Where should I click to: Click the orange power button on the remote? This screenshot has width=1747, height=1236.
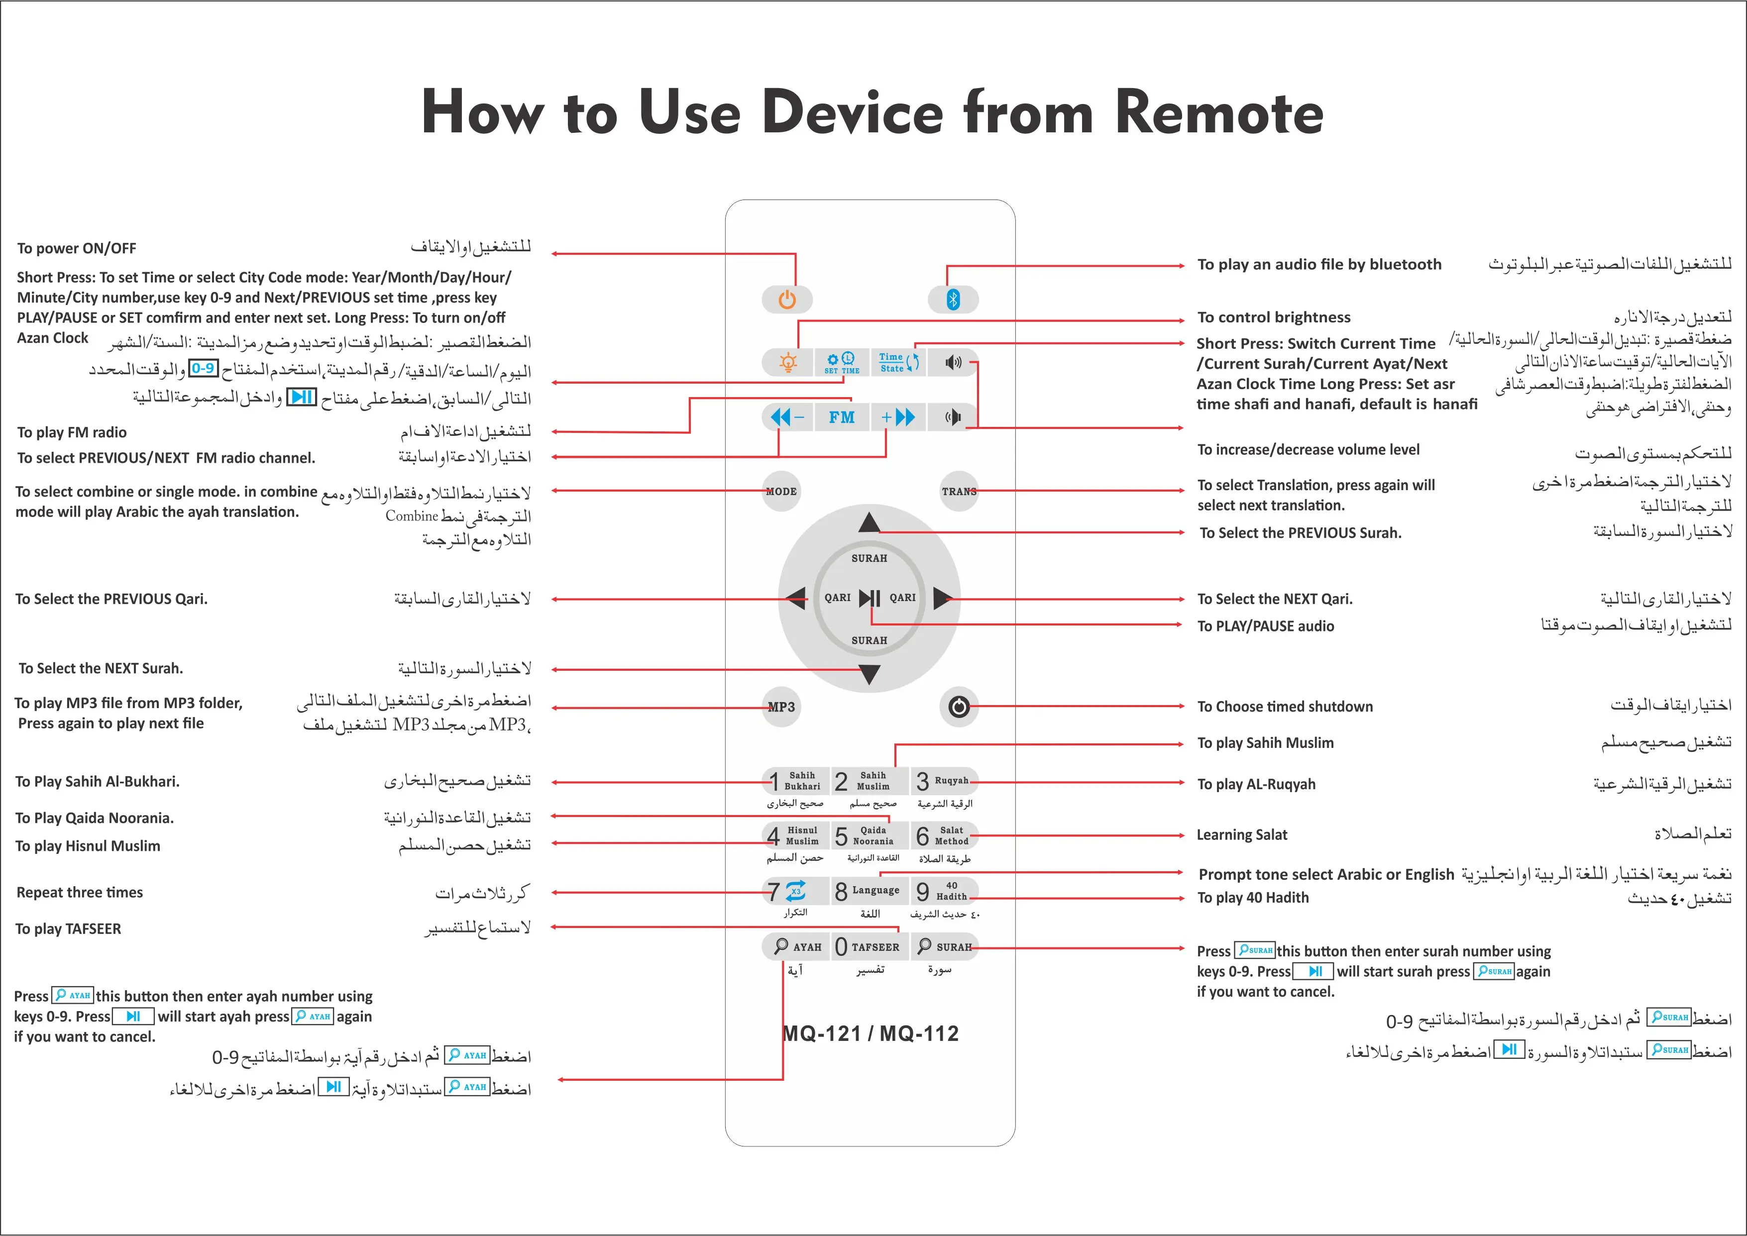point(786,299)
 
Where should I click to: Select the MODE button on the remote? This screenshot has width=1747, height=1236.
point(781,492)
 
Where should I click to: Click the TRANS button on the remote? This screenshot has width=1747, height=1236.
point(959,492)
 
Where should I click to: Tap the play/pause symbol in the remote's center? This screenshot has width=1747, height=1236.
point(870,598)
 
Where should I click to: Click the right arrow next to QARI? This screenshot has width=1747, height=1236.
point(942,598)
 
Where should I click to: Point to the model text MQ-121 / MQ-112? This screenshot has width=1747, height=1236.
point(871,1033)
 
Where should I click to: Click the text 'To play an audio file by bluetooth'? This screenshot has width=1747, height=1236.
point(1319,265)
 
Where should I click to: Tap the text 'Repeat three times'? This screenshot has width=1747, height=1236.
point(80,893)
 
